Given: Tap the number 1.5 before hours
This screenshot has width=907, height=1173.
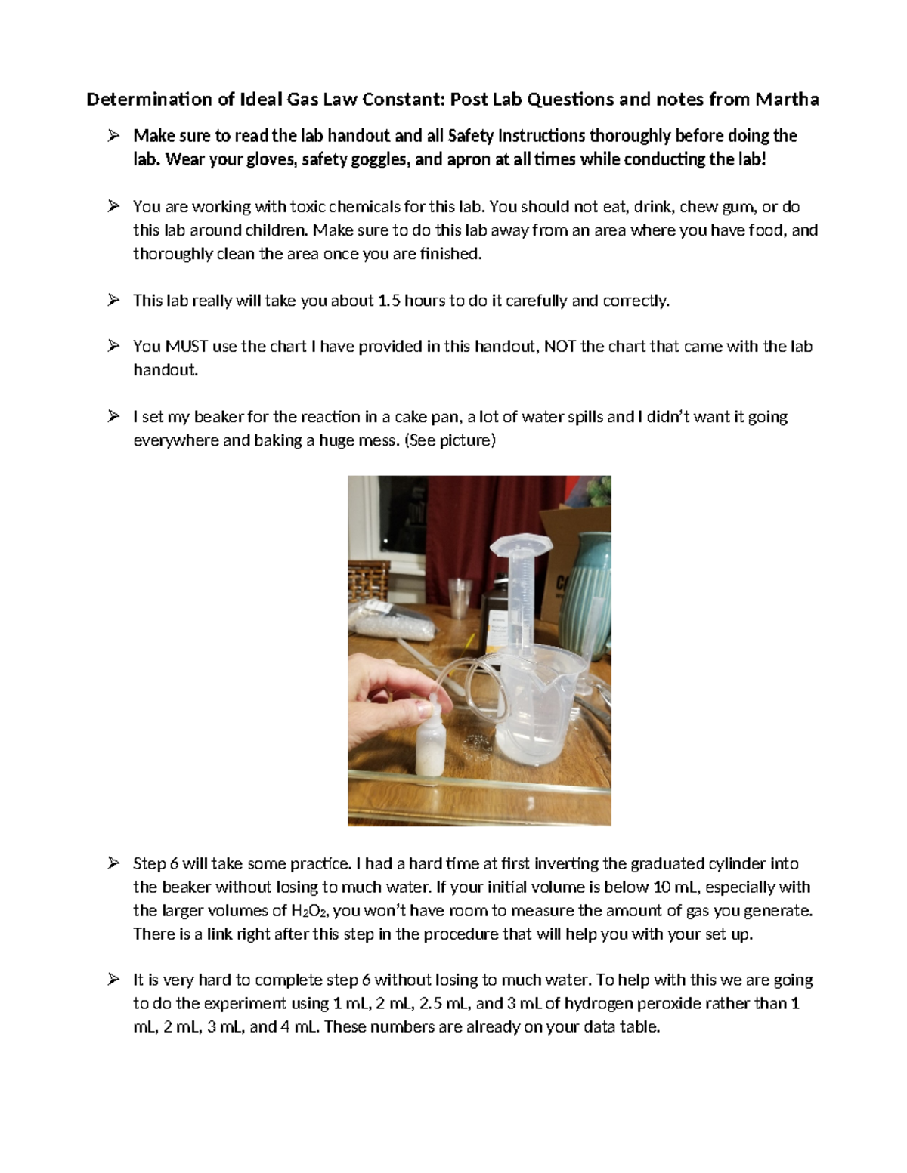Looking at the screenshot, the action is (x=387, y=301).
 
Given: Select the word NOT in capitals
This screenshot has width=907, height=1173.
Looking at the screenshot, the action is (x=560, y=347).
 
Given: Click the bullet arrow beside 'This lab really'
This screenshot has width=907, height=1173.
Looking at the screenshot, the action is (x=113, y=300).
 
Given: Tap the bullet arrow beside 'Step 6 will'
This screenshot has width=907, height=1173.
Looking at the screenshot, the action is (x=113, y=863).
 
